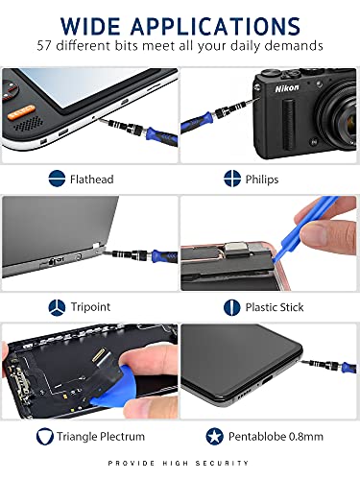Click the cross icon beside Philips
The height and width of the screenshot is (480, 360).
click(x=231, y=178)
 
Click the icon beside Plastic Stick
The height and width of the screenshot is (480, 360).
click(x=231, y=307)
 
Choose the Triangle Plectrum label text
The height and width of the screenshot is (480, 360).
click(x=108, y=437)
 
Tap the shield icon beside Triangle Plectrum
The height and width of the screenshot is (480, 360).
click(x=45, y=437)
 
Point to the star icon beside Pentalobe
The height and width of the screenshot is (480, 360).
click(x=216, y=437)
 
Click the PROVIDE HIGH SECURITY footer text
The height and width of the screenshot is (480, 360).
click(x=180, y=464)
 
